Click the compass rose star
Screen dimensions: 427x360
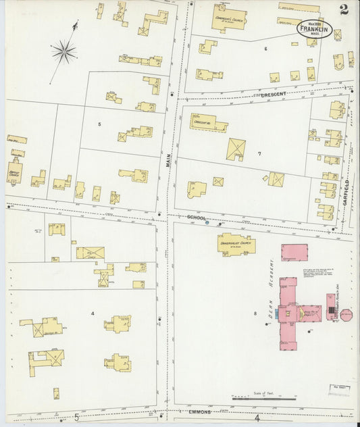point(64,50)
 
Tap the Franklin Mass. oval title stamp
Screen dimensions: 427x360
point(315,28)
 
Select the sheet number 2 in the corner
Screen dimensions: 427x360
point(344,9)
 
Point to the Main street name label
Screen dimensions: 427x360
point(170,161)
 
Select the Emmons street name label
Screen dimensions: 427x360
point(199,411)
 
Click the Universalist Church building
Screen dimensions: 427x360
point(235,244)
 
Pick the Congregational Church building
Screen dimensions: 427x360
point(228,18)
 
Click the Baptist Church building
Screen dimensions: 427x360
point(14,172)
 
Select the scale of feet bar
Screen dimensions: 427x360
point(263,398)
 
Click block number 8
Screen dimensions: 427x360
point(255,313)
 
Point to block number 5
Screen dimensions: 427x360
point(99,124)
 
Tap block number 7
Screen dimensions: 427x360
point(259,154)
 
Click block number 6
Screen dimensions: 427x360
point(265,49)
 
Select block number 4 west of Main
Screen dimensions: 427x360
point(93,313)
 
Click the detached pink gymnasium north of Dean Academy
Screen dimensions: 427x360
point(294,253)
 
